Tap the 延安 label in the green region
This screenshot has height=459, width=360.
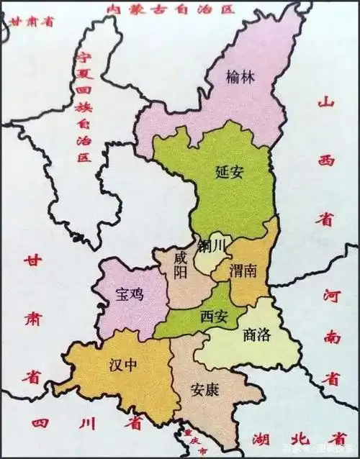231,171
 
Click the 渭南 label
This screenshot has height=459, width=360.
246,273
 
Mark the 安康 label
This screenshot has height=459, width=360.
206,389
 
